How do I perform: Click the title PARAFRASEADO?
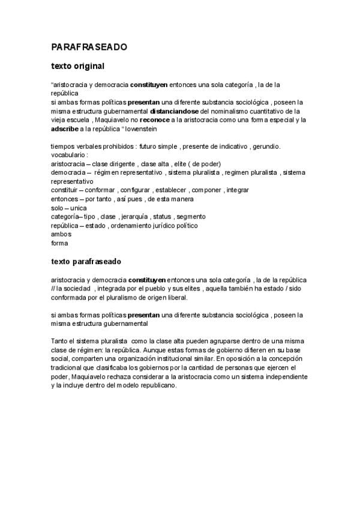(89, 46)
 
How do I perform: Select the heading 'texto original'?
(78, 66)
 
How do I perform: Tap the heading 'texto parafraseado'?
(86, 262)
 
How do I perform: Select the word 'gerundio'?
(267, 146)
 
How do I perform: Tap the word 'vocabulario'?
(69, 155)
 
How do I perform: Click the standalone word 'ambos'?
(61, 234)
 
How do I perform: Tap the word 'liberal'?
(176, 297)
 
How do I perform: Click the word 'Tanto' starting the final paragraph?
(61, 341)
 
